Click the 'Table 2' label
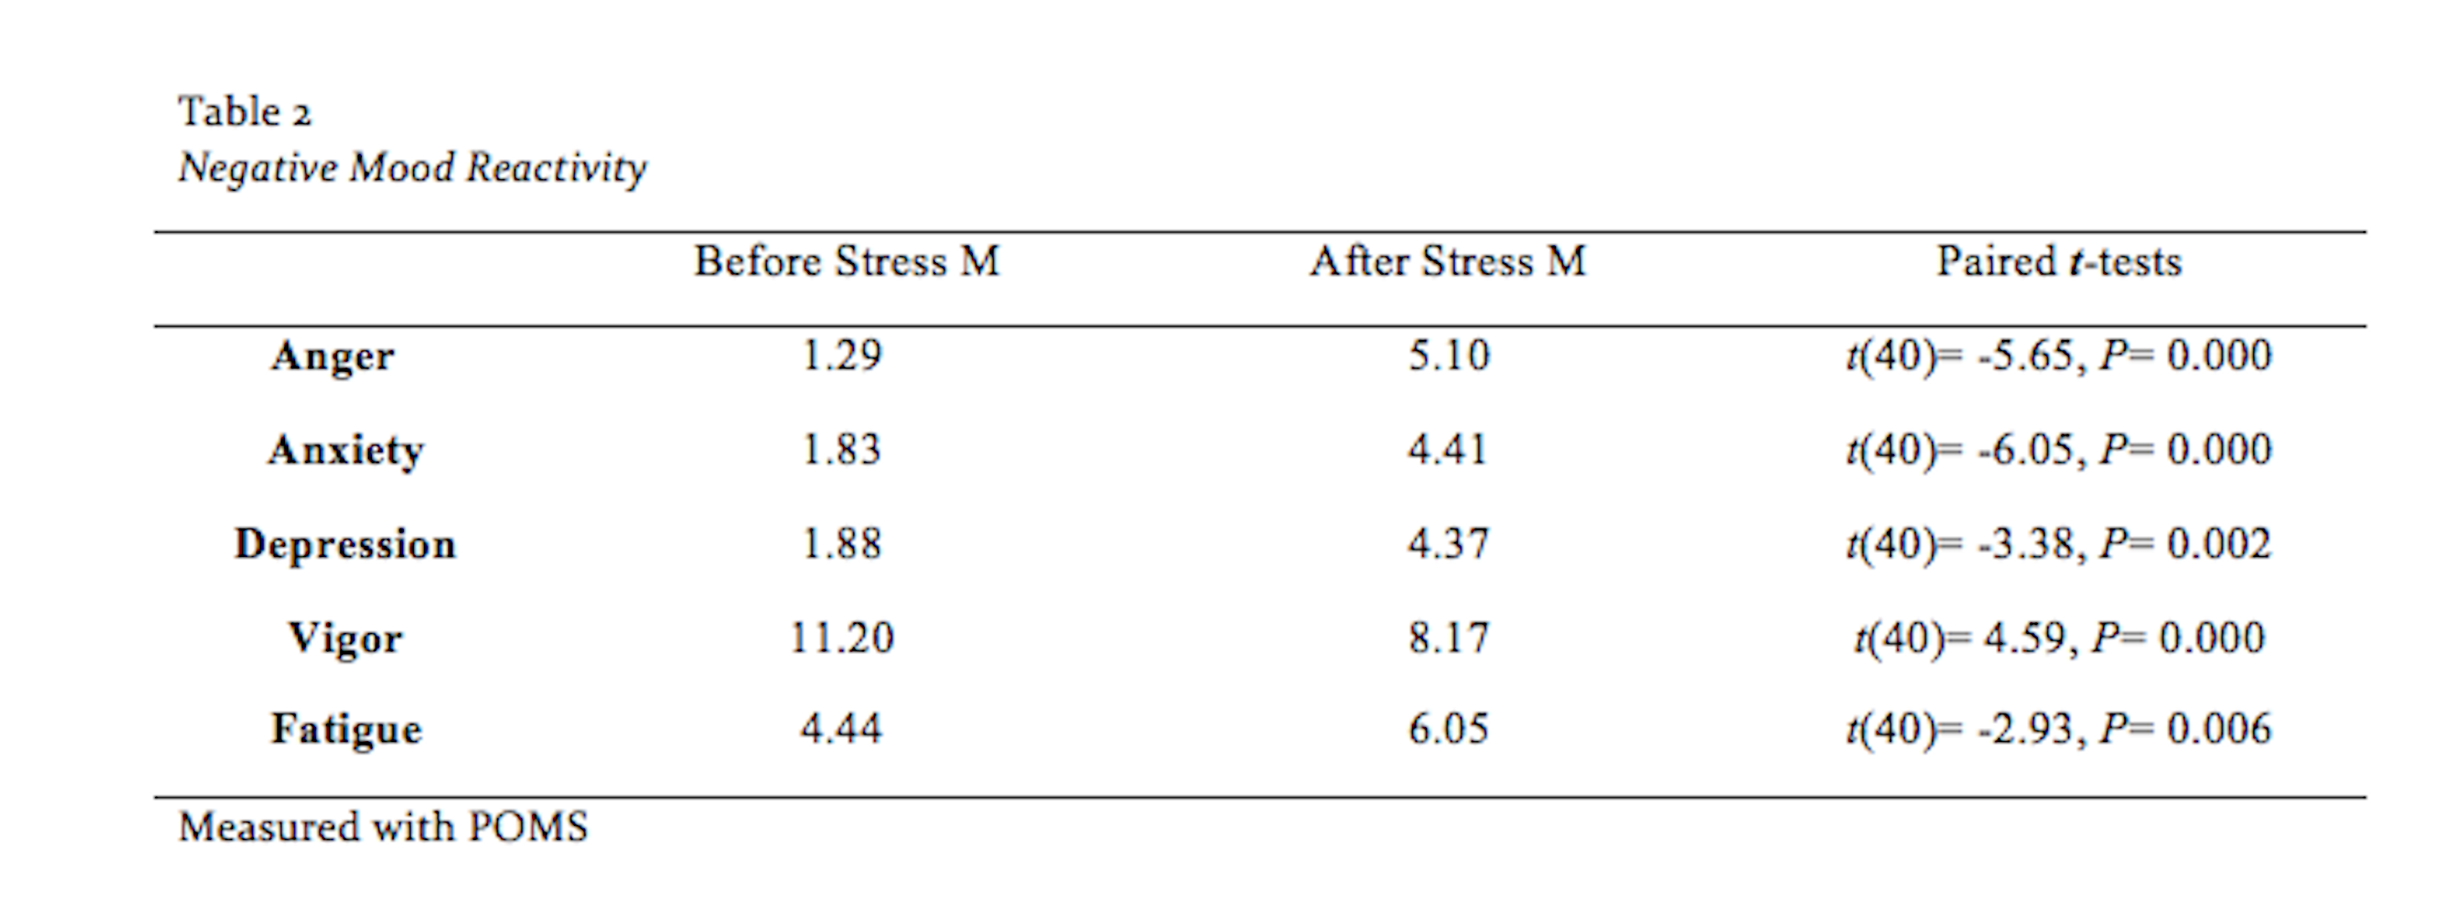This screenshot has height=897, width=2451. (x=245, y=112)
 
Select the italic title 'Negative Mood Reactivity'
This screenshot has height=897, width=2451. (x=412, y=168)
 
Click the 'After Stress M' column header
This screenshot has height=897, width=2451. (x=1448, y=261)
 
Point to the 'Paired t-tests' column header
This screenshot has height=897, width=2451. (x=2059, y=261)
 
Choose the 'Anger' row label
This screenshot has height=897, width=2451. (x=332, y=357)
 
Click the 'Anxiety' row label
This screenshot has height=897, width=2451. (x=345, y=451)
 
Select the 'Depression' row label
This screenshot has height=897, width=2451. (x=345, y=544)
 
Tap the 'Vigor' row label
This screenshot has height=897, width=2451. (x=345, y=638)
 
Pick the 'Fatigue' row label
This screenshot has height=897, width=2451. (x=346, y=730)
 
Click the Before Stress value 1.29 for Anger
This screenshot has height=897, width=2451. (x=842, y=356)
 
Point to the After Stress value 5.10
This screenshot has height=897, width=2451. (x=1448, y=356)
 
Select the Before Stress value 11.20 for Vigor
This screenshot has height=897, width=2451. (x=842, y=637)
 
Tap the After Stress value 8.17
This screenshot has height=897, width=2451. (x=1448, y=637)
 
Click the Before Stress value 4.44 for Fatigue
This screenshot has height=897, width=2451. (x=842, y=729)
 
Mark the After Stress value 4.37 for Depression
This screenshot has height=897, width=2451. (x=1448, y=544)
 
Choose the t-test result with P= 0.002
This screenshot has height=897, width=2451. (x=2059, y=545)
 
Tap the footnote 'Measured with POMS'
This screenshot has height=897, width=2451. (x=384, y=827)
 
